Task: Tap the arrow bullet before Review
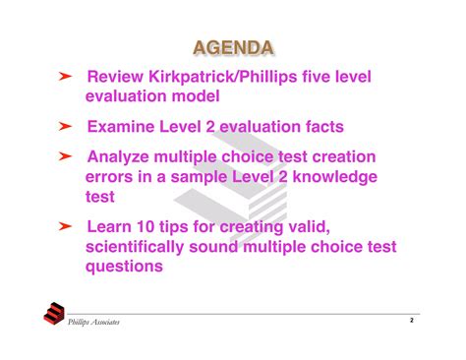pos(64,77)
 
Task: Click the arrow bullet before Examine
pos(64,127)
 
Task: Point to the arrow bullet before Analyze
pos(64,157)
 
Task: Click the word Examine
pos(124,127)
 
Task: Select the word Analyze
pos(123,157)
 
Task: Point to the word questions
pos(125,267)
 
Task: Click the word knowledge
pos(331,177)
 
